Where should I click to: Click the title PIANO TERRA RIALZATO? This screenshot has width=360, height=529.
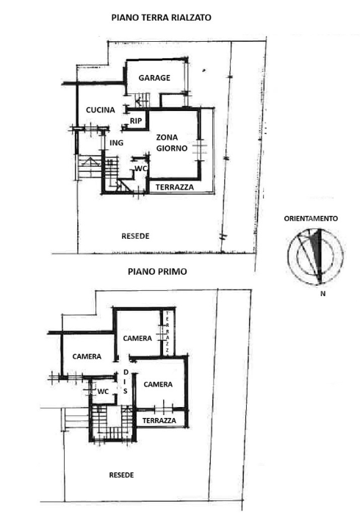(x=161, y=15)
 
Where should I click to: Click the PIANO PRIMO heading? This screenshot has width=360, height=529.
(x=157, y=271)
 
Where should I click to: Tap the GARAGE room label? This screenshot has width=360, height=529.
(x=154, y=77)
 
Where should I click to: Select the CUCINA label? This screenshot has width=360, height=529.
(x=100, y=110)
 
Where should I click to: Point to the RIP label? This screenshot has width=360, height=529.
(x=136, y=121)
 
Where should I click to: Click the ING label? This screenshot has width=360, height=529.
(x=115, y=143)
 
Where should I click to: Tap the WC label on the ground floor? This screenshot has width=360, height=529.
(x=142, y=168)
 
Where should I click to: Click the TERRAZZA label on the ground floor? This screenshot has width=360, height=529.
(x=175, y=187)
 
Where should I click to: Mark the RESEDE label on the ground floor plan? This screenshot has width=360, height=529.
(x=135, y=236)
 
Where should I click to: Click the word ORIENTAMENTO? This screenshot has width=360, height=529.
(x=312, y=218)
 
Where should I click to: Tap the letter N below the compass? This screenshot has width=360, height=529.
(x=323, y=294)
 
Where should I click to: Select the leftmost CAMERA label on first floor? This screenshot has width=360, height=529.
(x=87, y=356)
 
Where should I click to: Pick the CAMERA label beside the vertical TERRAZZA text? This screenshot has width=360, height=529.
(x=137, y=338)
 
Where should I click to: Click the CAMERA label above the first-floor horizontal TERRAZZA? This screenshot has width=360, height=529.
(x=158, y=384)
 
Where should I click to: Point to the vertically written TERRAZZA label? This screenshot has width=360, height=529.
(x=168, y=332)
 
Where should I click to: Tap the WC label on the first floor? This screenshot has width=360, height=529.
(x=103, y=392)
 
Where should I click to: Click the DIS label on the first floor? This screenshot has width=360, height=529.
(x=126, y=381)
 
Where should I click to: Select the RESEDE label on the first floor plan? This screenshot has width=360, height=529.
(x=121, y=475)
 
